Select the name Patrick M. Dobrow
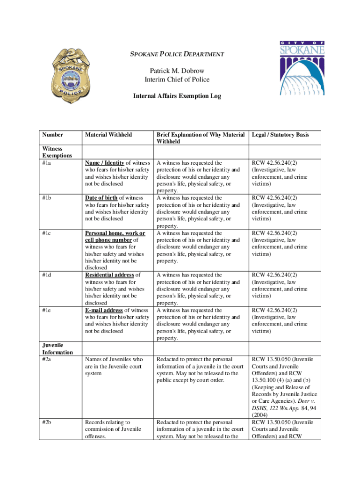[x=177, y=71]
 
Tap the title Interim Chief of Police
[x=177, y=79]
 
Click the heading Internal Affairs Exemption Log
[x=177, y=96]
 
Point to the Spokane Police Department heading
[x=177, y=54]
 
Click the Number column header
[x=52, y=135]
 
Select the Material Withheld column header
[x=108, y=135]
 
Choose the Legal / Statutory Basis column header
[x=280, y=135]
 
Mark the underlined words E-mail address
[x=104, y=310]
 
